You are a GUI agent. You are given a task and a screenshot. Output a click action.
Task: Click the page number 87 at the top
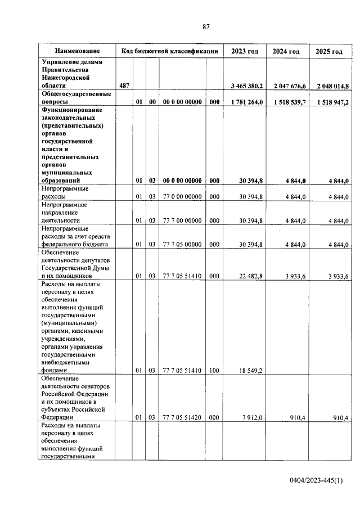(x=206, y=26)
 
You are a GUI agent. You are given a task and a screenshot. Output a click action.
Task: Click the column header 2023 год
(x=244, y=52)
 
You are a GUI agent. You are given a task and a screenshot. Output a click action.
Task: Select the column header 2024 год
(x=286, y=52)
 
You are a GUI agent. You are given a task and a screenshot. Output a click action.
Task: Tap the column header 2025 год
(x=329, y=52)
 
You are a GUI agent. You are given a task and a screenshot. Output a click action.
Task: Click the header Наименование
(x=77, y=51)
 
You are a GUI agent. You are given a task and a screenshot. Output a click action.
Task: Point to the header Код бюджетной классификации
(x=169, y=51)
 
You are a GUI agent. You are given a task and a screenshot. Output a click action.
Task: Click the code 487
(x=124, y=85)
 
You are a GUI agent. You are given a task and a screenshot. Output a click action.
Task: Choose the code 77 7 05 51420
(x=182, y=417)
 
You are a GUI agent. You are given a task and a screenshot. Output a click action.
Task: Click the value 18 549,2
(x=251, y=371)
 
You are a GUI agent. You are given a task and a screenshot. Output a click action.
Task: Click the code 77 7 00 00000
(x=182, y=221)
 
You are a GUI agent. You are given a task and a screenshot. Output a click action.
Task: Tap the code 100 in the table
(x=214, y=371)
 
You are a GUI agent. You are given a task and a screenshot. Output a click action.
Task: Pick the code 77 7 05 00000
(x=182, y=245)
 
